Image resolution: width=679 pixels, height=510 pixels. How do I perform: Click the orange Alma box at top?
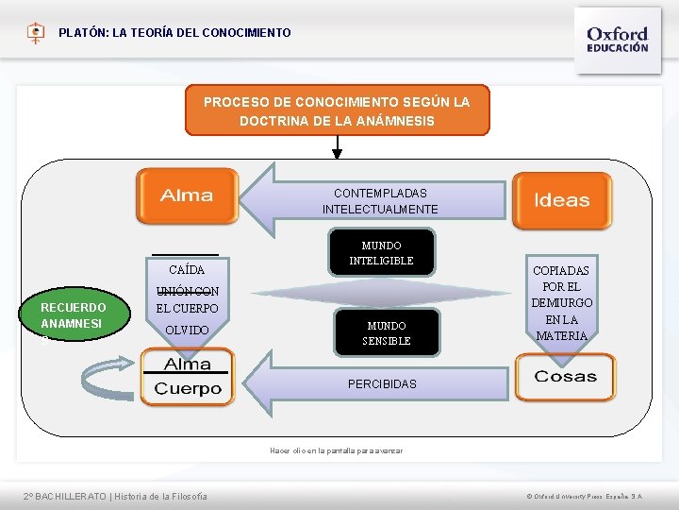[186, 196]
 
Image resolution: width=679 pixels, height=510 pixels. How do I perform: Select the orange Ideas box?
[561, 200]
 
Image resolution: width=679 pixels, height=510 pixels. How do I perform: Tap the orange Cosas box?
[564, 377]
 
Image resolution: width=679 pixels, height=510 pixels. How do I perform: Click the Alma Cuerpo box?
[188, 377]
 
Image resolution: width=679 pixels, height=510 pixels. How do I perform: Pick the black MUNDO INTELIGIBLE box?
[382, 252]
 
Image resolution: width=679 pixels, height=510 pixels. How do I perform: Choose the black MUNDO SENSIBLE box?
[387, 332]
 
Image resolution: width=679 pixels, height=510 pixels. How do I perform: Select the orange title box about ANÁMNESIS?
[337, 111]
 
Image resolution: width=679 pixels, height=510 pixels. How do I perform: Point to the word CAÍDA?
[185, 270]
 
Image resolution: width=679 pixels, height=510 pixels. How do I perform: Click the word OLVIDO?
[187, 331]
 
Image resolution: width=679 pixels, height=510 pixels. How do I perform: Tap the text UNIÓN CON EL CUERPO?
[187, 300]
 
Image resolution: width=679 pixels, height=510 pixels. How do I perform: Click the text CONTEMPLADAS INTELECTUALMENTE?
[380, 201]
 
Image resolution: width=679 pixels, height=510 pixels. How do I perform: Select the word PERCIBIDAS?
[382, 384]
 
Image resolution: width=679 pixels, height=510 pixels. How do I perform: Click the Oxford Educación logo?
[617, 38]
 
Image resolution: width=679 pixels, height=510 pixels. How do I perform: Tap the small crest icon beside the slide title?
[35, 33]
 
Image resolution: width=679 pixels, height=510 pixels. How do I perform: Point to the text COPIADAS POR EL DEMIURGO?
[562, 302]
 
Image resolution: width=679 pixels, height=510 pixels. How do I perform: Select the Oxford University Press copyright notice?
[584, 496]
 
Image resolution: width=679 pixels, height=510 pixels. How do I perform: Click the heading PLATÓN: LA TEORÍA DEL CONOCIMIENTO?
[174, 33]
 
